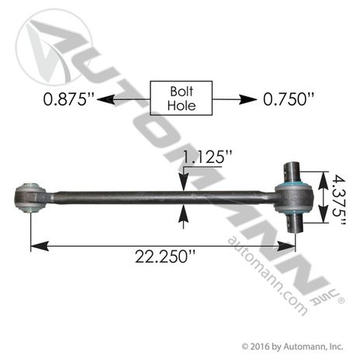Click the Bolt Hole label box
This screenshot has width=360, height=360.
(180, 99)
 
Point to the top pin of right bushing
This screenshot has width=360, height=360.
(295, 173)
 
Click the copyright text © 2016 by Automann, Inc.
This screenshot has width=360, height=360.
(292, 345)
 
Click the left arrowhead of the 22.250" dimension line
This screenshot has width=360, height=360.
(35, 247)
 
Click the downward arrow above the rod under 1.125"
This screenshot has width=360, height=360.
(183, 182)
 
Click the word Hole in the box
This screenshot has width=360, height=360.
(180, 106)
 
